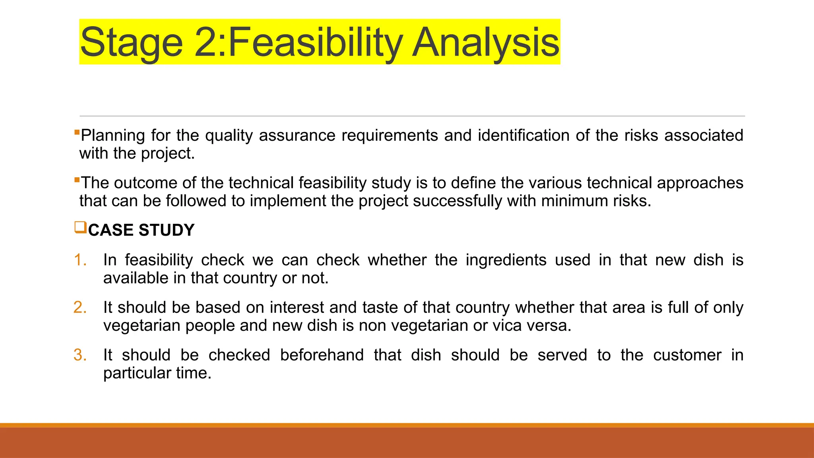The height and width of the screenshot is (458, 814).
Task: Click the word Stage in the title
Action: coord(131,42)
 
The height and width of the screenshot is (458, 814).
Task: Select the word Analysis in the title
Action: coord(486,42)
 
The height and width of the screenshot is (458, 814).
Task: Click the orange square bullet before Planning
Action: coord(77,132)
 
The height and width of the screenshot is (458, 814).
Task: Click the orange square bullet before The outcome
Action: coord(77,179)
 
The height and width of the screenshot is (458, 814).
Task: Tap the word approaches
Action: coord(700,183)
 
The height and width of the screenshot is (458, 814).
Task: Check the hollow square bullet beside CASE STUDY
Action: coord(80,228)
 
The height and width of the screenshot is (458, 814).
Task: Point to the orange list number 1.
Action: coord(80,260)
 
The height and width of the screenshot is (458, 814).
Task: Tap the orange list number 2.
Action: coord(80,308)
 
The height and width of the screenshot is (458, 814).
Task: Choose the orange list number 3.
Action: coord(80,355)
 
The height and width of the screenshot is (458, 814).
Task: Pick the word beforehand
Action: coord(322,355)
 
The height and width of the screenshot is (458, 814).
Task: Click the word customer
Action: coord(687,355)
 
